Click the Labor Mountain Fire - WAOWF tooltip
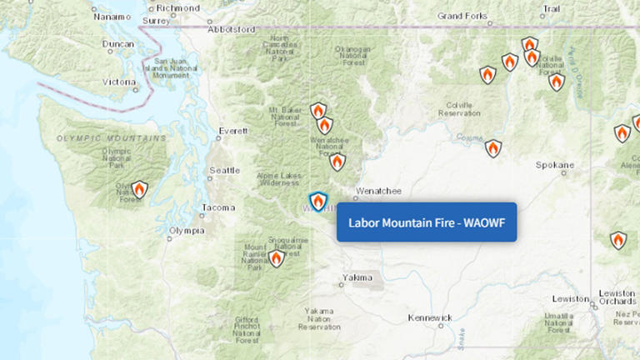426,222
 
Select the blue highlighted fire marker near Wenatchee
317,202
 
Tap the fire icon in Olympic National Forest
140,190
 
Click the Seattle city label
224,170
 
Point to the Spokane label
555,165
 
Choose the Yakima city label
357,277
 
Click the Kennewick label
430,317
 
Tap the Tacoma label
218,207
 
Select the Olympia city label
186,230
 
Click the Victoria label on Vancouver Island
119,82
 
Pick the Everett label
232,131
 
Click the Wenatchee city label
377,191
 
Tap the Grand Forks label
462,16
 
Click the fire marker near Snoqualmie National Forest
276,258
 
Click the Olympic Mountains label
111,137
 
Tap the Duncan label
117,43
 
